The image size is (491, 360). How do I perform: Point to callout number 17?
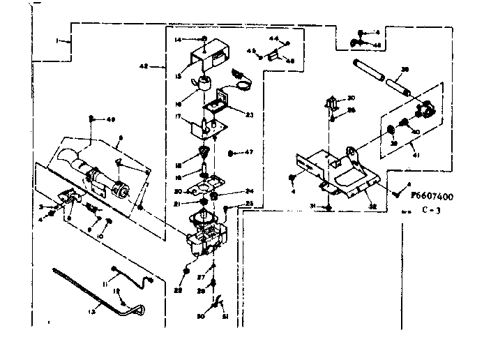[x=179, y=117]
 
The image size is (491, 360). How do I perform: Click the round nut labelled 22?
[x=186, y=270]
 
